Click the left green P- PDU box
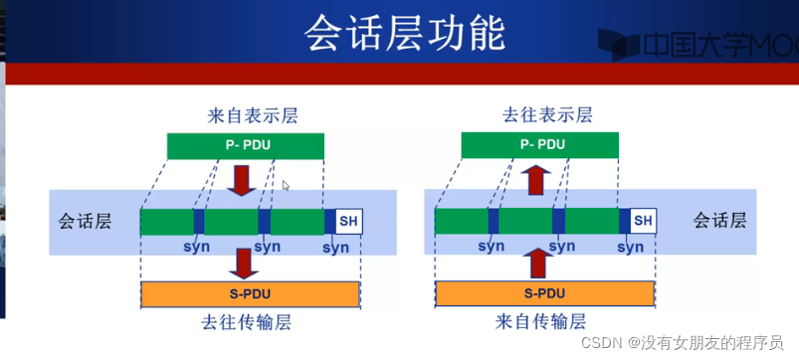click(245, 145)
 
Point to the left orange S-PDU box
click(251, 294)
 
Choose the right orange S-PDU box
click(544, 294)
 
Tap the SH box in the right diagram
click(643, 221)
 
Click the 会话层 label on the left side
click(85, 221)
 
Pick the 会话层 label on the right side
click(717, 220)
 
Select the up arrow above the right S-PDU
click(538, 264)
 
